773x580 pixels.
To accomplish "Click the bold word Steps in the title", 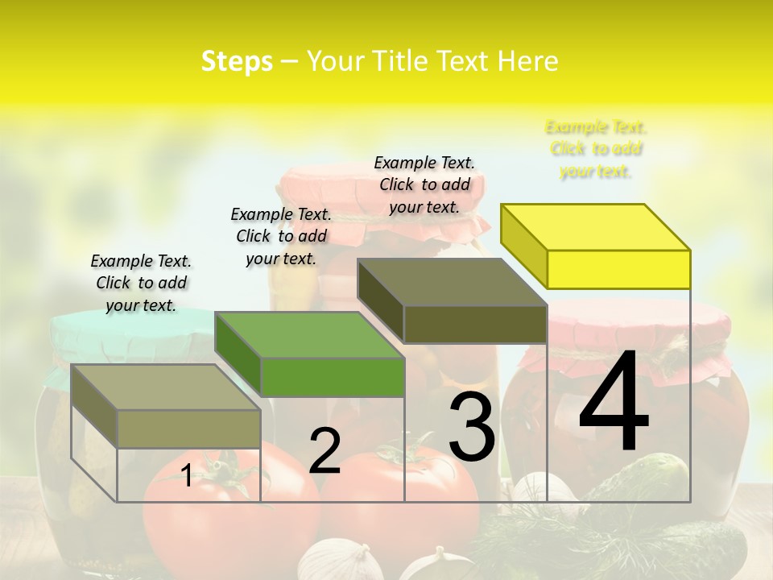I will tap(237, 61).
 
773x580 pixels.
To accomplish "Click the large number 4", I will tap(614, 403).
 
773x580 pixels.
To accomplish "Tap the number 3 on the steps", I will tap(471, 427).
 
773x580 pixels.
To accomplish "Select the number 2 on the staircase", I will tap(324, 451).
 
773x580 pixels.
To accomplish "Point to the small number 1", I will tap(186, 476).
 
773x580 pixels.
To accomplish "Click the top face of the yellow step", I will tap(594, 227).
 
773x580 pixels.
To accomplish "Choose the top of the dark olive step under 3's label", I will tap(451, 282).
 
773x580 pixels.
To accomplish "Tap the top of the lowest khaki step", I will tap(165, 387).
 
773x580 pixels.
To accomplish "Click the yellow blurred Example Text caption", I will tap(596, 149).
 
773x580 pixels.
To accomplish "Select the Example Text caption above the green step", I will tap(281, 236).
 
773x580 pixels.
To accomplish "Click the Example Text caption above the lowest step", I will tap(141, 283).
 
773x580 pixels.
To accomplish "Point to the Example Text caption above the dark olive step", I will tap(424, 184).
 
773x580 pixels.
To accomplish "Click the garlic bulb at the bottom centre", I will tap(342, 562).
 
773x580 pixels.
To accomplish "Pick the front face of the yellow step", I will tap(618, 269).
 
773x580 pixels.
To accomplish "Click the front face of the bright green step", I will tap(332, 377).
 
